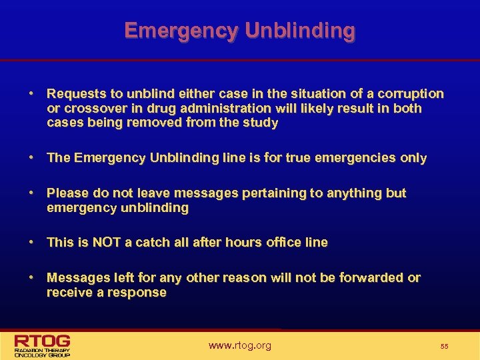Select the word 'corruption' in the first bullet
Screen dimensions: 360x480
pos(409,93)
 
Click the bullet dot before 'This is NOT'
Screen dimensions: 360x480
pos(32,242)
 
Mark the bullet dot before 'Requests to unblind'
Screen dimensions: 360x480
pos(32,93)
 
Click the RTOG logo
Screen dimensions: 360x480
pos(43,344)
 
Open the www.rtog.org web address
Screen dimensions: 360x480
pos(240,345)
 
